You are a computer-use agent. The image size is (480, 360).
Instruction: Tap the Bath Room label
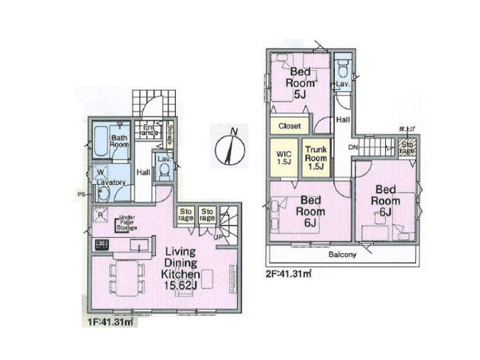click(120, 141)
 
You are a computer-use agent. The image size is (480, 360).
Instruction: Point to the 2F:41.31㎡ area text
click(286, 273)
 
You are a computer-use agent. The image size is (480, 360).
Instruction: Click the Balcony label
click(342, 255)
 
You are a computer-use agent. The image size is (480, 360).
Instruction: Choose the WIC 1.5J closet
click(283, 157)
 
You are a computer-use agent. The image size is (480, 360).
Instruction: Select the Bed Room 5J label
click(300, 82)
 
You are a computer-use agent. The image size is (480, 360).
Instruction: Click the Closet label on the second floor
click(289, 126)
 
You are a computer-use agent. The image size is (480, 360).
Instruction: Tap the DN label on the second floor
click(353, 147)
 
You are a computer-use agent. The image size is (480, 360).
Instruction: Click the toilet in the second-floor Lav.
click(343, 71)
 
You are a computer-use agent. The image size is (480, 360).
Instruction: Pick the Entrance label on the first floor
click(149, 130)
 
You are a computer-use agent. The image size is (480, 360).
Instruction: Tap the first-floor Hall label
click(143, 173)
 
